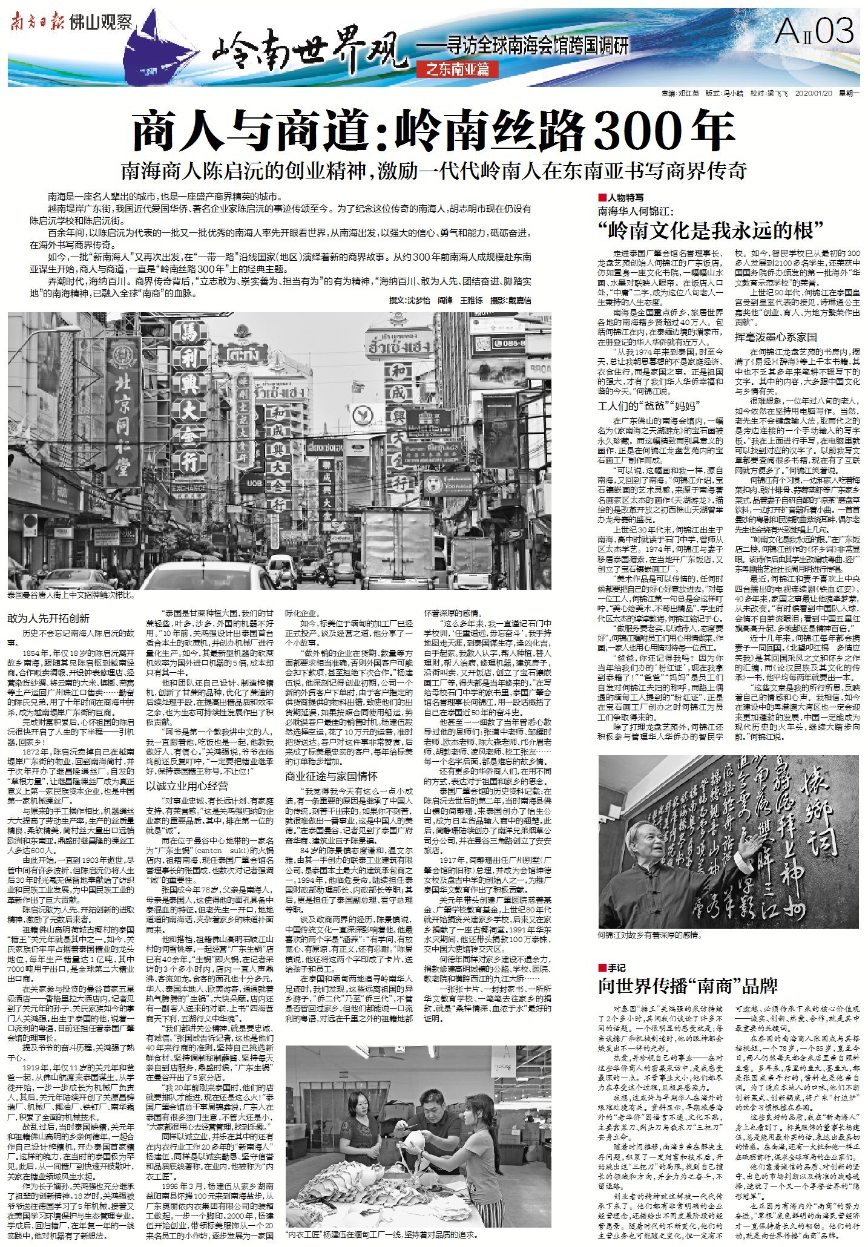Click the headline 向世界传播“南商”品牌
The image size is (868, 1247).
[688, 986]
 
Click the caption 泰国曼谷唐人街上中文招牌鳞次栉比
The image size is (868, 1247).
[71, 596]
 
